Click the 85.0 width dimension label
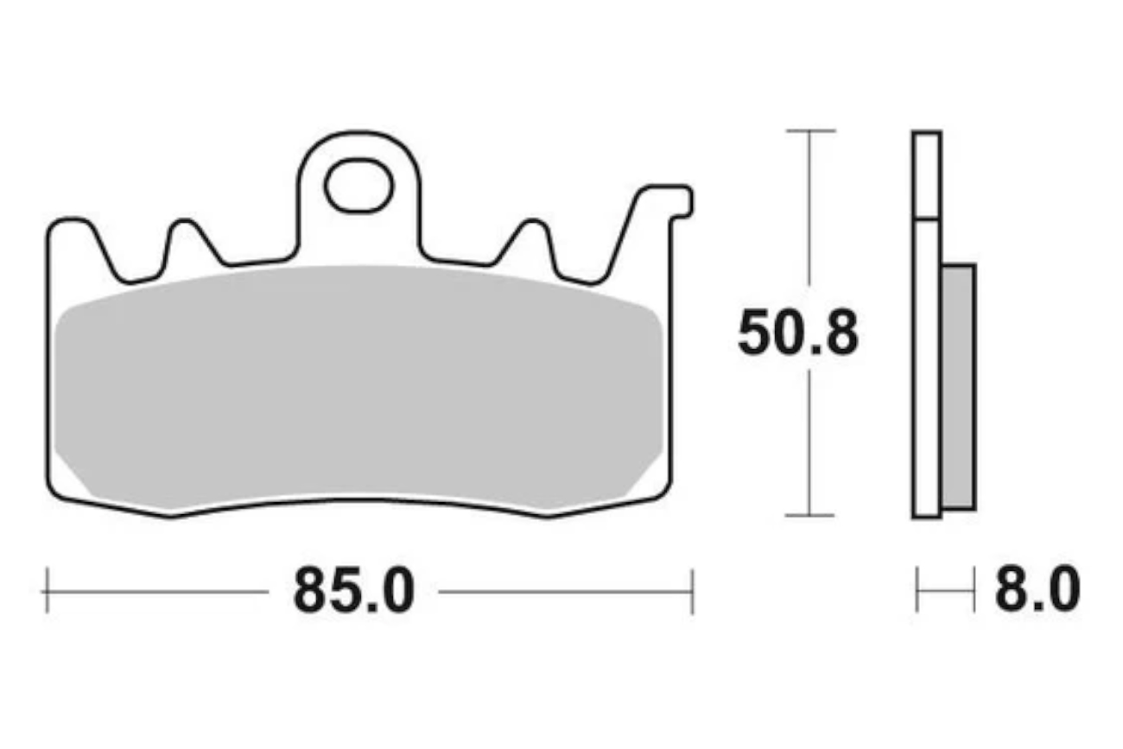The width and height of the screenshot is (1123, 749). tap(354, 590)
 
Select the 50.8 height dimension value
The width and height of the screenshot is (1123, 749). tap(798, 333)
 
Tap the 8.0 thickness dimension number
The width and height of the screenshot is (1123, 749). tap(1037, 589)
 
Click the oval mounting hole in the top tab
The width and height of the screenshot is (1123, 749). tap(359, 186)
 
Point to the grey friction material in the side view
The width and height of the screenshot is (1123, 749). tap(959, 387)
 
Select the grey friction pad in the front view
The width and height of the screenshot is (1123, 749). tap(358, 386)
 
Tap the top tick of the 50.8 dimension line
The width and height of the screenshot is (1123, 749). tap(810, 130)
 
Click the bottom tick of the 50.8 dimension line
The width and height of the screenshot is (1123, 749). tap(809, 515)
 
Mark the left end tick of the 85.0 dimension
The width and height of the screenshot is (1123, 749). tap(48, 590)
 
